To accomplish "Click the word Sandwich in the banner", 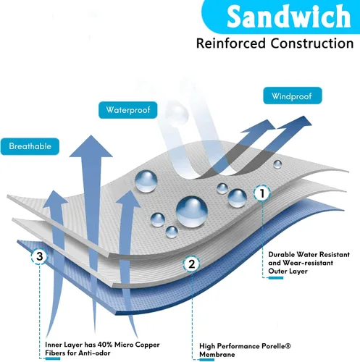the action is [x=288, y=16].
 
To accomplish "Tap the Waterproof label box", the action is [x=128, y=110].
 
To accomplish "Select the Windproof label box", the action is [x=293, y=96].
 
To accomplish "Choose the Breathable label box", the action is [x=30, y=146].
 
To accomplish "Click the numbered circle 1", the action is [x=262, y=193].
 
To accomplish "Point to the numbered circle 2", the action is [x=191, y=264].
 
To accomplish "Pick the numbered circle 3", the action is [x=40, y=256].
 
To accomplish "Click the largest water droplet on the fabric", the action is [x=192, y=211].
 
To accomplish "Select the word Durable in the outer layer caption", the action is [x=281, y=254].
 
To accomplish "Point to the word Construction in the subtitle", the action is [x=312, y=43].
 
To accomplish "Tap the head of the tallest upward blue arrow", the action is [x=91, y=146].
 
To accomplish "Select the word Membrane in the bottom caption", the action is [x=217, y=355].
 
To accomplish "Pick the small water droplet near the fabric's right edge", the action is [x=277, y=164].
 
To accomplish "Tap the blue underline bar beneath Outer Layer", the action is [x=276, y=278].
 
